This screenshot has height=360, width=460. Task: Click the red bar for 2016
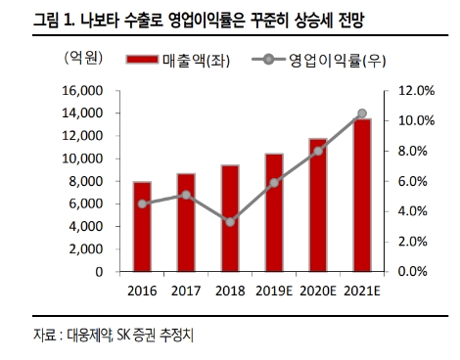pos(142,226)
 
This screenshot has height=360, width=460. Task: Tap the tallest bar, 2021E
pos(362,195)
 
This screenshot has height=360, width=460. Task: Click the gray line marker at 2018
pos(230,222)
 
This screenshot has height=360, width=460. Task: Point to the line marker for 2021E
pos(362,113)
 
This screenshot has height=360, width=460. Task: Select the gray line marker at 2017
pos(186,195)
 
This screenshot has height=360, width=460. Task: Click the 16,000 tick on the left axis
pos(83,91)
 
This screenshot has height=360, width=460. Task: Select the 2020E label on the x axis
pos(318,291)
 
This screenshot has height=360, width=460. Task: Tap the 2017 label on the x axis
pos(186,291)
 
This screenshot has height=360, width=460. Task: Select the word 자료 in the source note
pos(43,336)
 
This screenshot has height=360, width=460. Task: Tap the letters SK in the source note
pos(124,336)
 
